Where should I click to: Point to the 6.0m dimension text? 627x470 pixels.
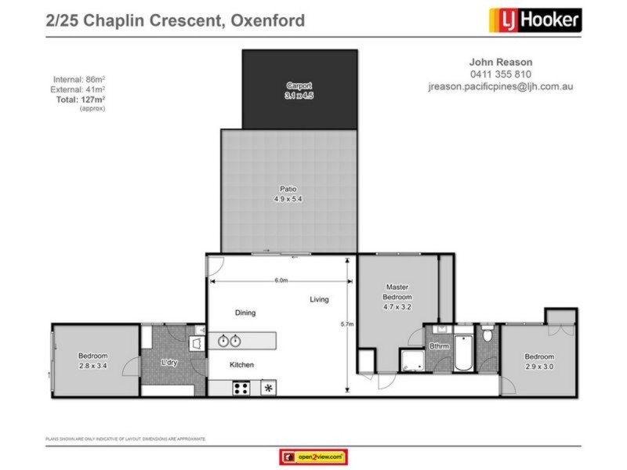click(x=281, y=280)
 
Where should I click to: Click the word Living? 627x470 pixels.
click(x=319, y=299)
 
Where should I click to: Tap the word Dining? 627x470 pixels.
click(x=245, y=313)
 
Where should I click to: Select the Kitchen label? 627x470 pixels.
click(x=241, y=365)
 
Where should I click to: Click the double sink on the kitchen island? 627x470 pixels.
click(x=228, y=341)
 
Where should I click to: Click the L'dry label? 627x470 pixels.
click(x=169, y=363)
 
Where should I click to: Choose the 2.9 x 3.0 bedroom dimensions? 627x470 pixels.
click(x=539, y=366)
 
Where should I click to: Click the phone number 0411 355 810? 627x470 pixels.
click(x=501, y=74)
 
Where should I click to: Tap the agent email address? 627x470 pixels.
click(x=501, y=86)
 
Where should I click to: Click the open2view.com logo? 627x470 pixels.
click(x=313, y=457)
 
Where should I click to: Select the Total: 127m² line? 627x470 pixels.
click(x=79, y=99)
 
